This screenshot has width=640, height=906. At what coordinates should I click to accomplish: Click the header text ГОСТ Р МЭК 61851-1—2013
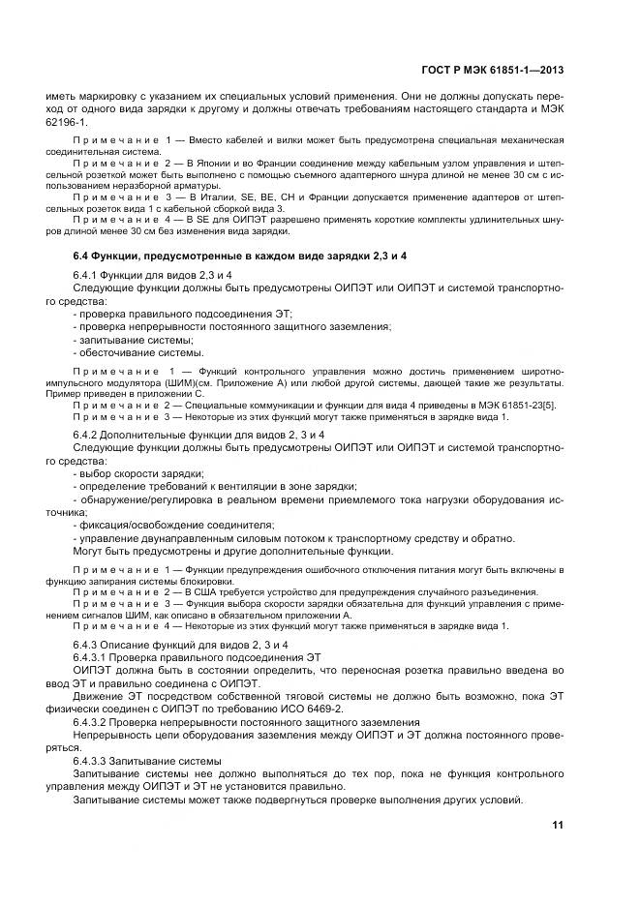[494, 70]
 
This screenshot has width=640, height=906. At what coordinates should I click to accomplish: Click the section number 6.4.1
[90, 276]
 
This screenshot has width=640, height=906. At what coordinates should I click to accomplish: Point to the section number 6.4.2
[90, 435]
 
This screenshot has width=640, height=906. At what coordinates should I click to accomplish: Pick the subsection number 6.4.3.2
[95, 722]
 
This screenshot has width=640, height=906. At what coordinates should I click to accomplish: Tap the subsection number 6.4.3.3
[95, 760]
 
